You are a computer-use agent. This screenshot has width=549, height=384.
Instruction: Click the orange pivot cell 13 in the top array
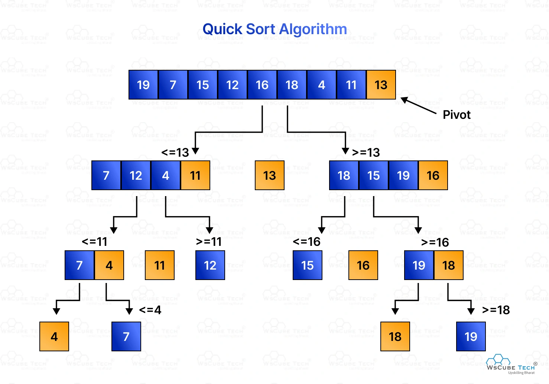(x=381, y=85)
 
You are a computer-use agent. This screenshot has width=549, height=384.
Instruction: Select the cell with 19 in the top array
(x=143, y=85)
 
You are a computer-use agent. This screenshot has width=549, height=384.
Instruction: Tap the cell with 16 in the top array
(x=262, y=85)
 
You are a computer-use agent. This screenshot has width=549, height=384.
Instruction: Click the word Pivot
(x=457, y=115)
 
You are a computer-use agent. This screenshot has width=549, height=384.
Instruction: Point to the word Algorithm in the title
(x=313, y=29)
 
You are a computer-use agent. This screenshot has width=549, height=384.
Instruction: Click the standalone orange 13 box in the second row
(x=270, y=175)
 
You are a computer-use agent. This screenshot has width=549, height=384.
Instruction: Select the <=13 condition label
(x=175, y=152)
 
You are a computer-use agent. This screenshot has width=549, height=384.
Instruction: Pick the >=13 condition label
(x=366, y=152)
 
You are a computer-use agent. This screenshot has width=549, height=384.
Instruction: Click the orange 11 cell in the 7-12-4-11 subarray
(x=195, y=175)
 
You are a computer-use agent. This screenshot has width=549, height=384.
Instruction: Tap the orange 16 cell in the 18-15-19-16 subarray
(x=433, y=175)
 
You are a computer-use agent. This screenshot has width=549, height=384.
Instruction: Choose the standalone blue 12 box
(x=210, y=265)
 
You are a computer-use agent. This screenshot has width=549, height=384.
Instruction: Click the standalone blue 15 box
(x=307, y=265)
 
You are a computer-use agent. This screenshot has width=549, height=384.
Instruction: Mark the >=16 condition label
(x=435, y=243)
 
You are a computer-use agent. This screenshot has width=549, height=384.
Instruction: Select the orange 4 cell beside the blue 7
(x=109, y=265)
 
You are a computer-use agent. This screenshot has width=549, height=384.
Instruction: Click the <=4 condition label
(x=150, y=310)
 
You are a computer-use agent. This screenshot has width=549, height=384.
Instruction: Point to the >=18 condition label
(x=496, y=310)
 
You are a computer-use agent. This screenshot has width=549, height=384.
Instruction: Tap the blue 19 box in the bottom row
(x=471, y=336)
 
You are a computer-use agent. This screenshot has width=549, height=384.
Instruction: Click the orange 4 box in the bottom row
(x=54, y=336)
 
